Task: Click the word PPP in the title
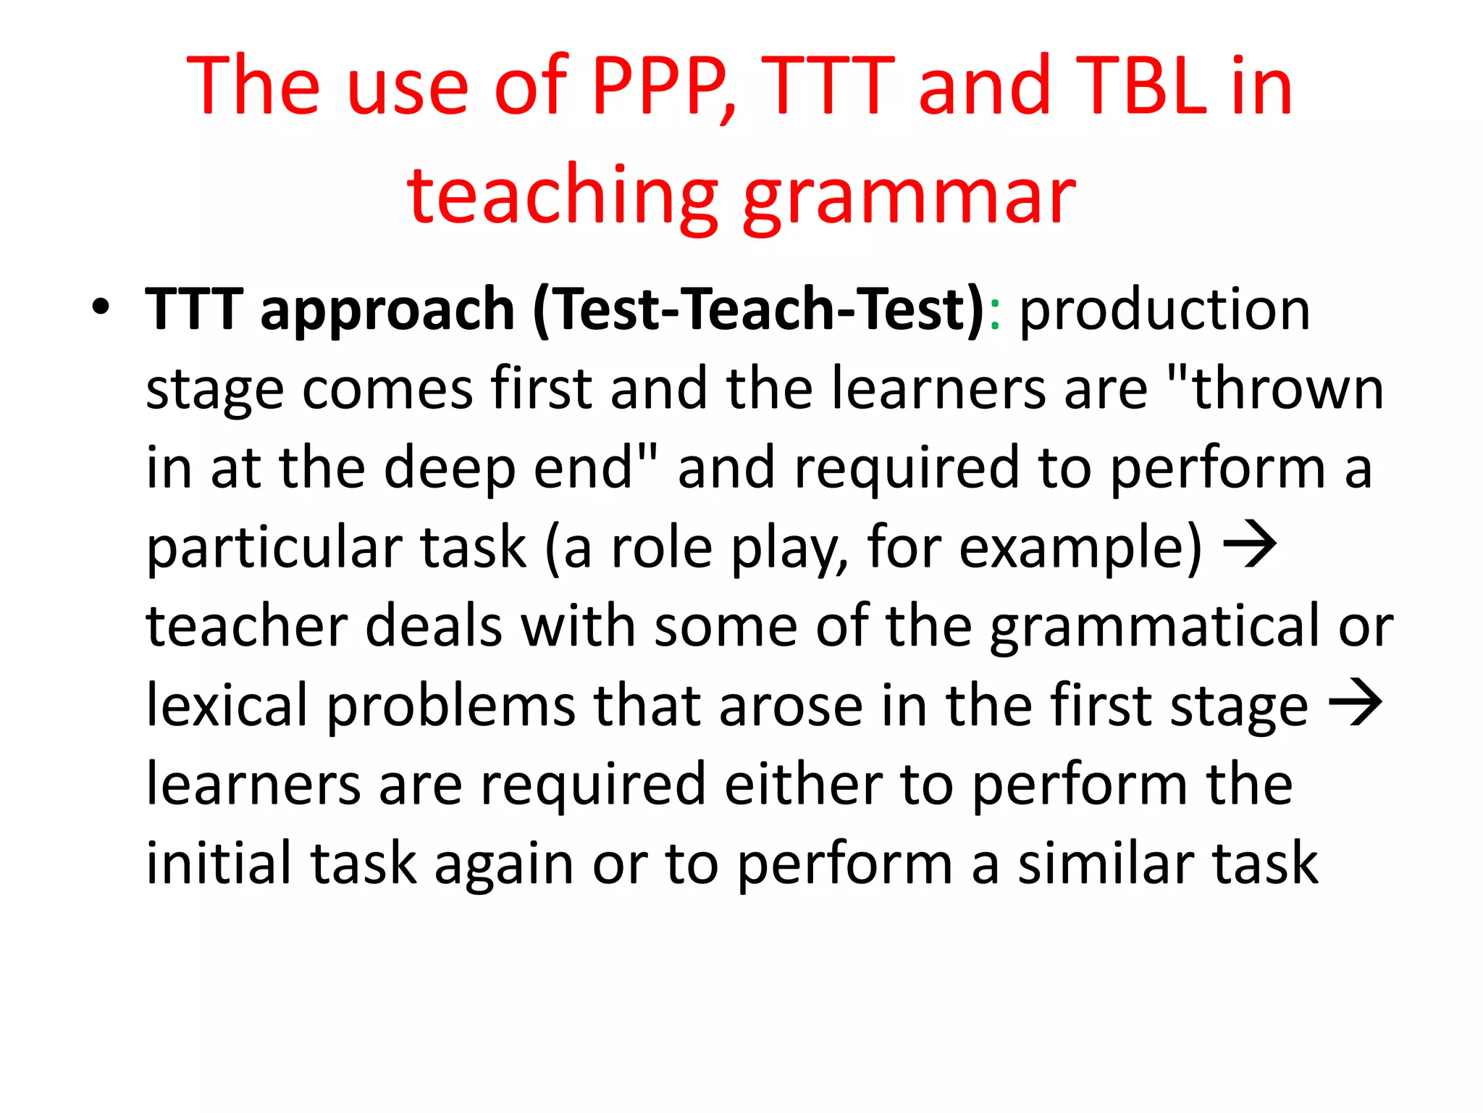[x=660, y=87]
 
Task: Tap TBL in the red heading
[x=1143, y=87]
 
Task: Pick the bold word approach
[x=387, y=310]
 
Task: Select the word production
[x=1164, y=310]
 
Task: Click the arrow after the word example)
[x=1250, y=545]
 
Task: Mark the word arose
[x=791, y=706]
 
